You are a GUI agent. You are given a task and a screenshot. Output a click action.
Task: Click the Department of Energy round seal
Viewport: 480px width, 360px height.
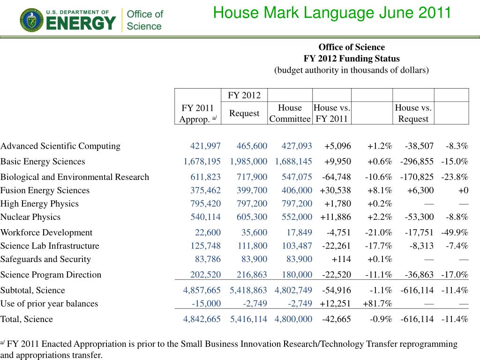pyautogui.click(x=31, y=20)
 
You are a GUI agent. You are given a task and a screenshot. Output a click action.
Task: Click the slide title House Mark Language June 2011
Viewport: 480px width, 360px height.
pyautogui.click(x=332, y=12)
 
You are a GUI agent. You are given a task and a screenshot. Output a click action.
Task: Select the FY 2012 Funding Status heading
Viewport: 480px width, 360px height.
pyautogui.click(x=352, y=59)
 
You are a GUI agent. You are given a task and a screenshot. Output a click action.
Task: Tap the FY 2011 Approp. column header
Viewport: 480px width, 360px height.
pyautogui.click(x=197, y=113)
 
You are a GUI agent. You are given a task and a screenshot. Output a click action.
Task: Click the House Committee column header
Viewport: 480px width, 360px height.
pyautogui.click(x=290, y=113)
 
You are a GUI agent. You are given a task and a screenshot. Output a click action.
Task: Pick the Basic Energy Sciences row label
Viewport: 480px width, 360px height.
pyautogui.click(x=43, y=161)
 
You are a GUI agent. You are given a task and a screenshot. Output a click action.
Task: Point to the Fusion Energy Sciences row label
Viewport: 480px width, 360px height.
pyautogui.click(x=45, y=190)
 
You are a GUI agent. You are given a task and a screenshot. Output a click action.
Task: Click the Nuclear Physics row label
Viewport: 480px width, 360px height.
pyautogui.click(x=30, y=217)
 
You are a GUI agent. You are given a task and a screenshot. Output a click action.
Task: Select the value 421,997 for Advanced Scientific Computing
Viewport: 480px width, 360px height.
pyautogui.click(x=205, y=146)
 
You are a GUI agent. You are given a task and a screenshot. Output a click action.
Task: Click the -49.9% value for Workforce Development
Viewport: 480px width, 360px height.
pyautogui.click(x=455, y=232)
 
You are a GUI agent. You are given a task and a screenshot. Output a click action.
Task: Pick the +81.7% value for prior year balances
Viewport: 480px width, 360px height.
pyautogui.click(x=377, y=303)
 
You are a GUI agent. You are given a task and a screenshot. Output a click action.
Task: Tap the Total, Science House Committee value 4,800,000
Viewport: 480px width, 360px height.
pyautogui.click(x=293, y=319)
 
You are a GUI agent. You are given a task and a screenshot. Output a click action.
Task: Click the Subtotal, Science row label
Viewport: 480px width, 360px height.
pyautogui.click(x=33, y=290)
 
